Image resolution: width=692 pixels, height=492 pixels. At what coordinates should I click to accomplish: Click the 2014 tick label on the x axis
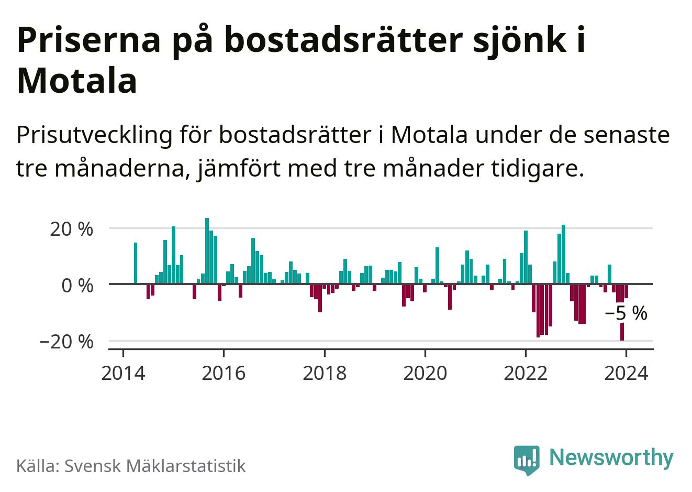[x=123, y=374]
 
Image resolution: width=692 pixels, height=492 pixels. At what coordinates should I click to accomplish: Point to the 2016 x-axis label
[x=224, y=374]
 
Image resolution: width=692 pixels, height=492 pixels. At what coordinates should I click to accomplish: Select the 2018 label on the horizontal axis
[x=325, y=374]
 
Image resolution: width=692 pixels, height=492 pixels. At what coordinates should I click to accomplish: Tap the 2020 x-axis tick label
[x=425, y=374]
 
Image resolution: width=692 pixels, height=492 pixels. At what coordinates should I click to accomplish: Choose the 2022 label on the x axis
[x=526, y=374]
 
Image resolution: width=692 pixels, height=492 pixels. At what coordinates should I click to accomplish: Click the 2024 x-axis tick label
[x=626, y=374]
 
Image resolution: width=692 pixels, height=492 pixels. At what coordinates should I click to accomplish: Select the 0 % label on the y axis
[x=77, y=286]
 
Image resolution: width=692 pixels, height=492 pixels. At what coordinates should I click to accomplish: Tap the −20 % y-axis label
[x=66, y=342]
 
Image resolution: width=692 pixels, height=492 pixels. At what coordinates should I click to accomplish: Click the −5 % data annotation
[x=626, y=313]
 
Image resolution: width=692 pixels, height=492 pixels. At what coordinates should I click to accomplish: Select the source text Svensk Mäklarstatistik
[x=154, y=466]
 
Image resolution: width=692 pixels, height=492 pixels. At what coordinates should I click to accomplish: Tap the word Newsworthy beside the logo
[x=611, y=457]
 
